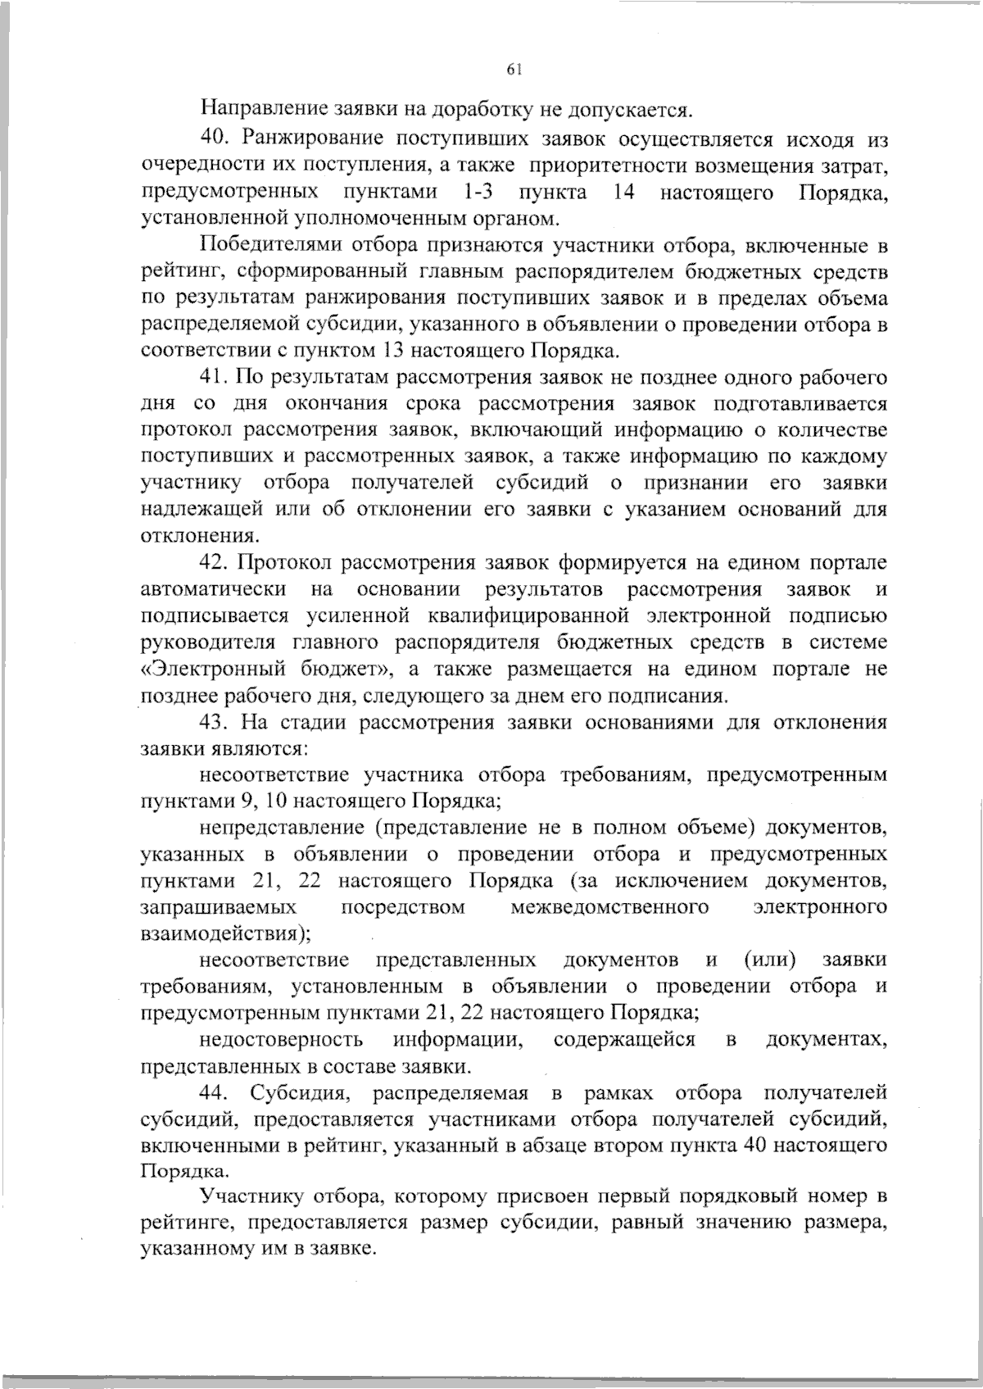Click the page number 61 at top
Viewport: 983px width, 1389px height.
pyautogui.click(x=514, y=70)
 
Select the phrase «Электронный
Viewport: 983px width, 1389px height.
pyautogui.click(x=214, y=670)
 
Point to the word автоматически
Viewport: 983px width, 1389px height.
pyautogui.click(x=214, y=589)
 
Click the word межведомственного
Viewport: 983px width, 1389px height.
pyautogui.click(x=609, y=907)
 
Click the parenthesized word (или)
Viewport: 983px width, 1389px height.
pyautogui.click(x=770, y=960)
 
